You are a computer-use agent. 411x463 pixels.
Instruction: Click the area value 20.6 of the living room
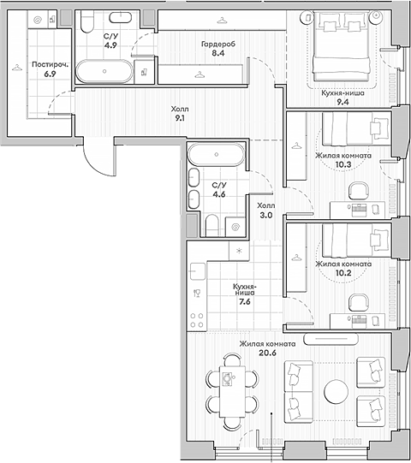click(x=267, y=353)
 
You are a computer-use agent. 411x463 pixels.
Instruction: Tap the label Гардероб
click(x=218, y=45)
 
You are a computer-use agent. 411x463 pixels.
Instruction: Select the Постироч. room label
click(x=50, y=64)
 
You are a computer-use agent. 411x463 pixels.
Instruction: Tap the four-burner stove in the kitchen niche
click(x=197, y=320)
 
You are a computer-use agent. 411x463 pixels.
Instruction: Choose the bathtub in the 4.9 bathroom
click(x=104, y=71)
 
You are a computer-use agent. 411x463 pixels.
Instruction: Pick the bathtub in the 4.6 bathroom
click(x=217, y=154)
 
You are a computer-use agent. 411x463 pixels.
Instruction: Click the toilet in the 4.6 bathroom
click(x=211, y=225)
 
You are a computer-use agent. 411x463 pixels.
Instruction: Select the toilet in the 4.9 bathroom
click(x=86, y=21)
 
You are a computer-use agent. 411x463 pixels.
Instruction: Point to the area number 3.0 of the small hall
click(x=266, y=216)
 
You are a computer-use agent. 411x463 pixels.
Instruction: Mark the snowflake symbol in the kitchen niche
click(x=239, y=251)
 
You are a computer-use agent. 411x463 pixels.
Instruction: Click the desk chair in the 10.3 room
click(x=359, y=191)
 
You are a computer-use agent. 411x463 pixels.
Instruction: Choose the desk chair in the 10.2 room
click(x=359, y=302)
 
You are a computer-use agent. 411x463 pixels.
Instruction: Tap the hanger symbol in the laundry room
click(x=17, y=68)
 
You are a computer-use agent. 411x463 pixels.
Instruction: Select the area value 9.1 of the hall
click(x=180, y=118)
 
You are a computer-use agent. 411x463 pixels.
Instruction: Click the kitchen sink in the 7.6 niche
click(x=198, y=271)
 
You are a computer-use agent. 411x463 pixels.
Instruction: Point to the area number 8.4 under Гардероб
click(x=218, y=53)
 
